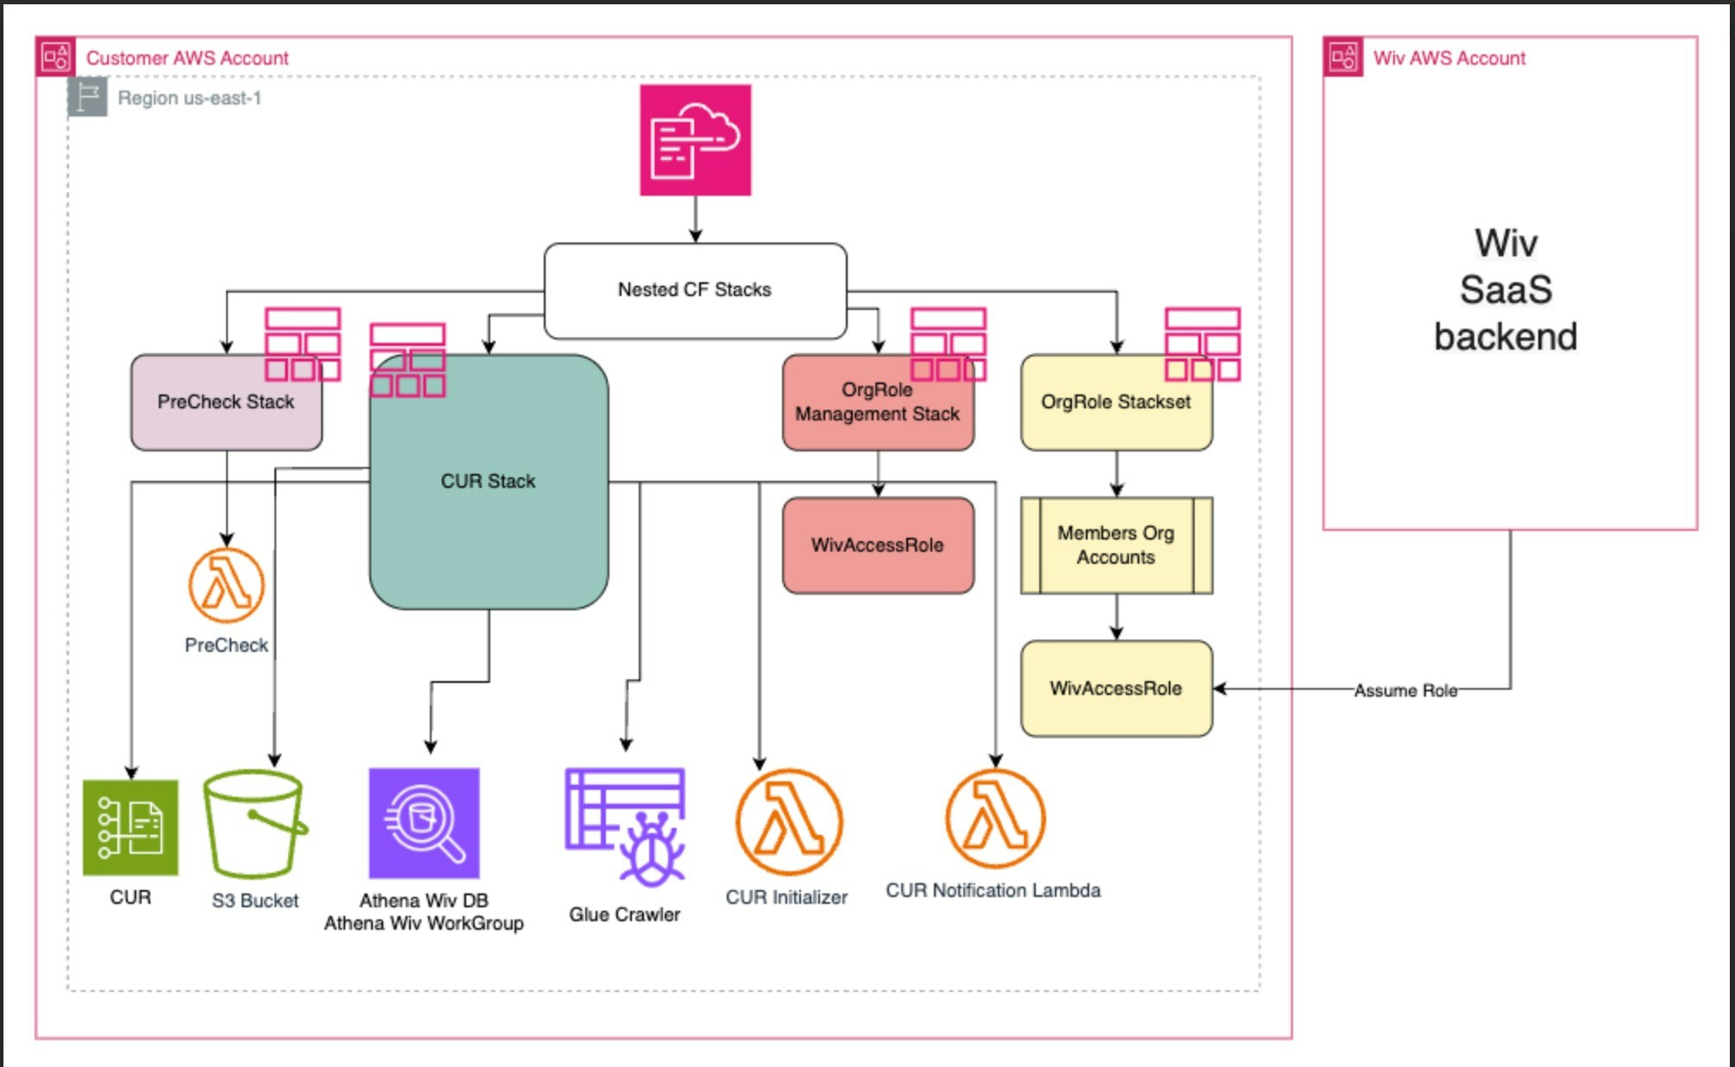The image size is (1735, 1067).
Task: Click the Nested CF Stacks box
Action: coord(695,290)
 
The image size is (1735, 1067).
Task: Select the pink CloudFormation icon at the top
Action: coord(695,140)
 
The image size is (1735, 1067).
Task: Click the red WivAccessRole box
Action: coord(877,546)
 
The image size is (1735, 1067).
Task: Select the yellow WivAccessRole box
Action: coord(1115,689)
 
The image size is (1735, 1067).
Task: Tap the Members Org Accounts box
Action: coord(1115,546)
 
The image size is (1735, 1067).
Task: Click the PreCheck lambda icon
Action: coord(226,585)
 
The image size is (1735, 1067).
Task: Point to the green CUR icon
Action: coord(130,828)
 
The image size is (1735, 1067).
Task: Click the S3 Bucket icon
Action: coord(255,824)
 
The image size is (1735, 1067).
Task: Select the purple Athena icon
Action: coord(424,824)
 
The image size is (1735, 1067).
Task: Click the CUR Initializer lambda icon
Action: coord(788,823)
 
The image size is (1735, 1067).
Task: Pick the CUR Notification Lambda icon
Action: coord(995,818)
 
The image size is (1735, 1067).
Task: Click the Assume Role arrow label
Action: coord(1405,691)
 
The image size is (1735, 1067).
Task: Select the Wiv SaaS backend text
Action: coord(1505,290)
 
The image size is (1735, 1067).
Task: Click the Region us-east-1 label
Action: coord(189,98)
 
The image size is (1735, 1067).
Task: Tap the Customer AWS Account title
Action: coord(187,59)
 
